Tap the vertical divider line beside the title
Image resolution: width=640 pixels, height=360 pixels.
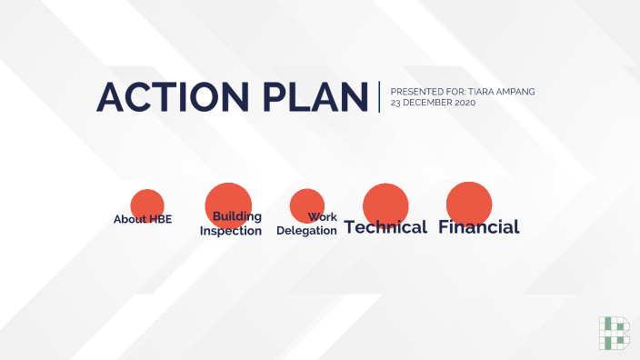[380, 96]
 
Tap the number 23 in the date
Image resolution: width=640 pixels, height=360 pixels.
[395, 103]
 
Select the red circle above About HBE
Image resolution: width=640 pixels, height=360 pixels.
[147, 204]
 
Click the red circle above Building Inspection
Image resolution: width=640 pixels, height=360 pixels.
[228, 200]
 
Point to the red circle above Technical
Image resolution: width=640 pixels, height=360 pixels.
[385, 203]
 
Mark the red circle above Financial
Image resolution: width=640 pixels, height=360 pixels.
[469, 202]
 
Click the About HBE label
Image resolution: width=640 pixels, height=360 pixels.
[143, 219]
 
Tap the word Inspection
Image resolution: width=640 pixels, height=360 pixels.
[231, 231]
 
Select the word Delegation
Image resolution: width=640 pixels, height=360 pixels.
[306, 231]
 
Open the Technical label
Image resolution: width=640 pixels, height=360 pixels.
[385, 227]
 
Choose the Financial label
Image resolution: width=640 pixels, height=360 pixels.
[479, 227]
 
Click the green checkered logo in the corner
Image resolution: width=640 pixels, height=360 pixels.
[614, 333]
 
